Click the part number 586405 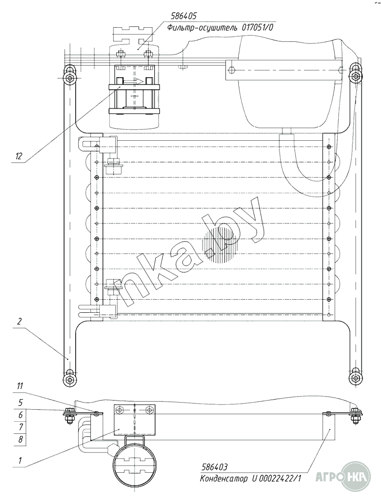[x=183, y=16]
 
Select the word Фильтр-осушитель [x=202, y=28]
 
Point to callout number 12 [x=19, y=156]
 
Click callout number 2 [x=20, y=321]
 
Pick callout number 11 [x=20, y=386]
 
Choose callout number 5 [x=21, y=402]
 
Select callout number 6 [x=21, y=415]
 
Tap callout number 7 [x=21, y=427]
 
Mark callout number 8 [x=21, y=439]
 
